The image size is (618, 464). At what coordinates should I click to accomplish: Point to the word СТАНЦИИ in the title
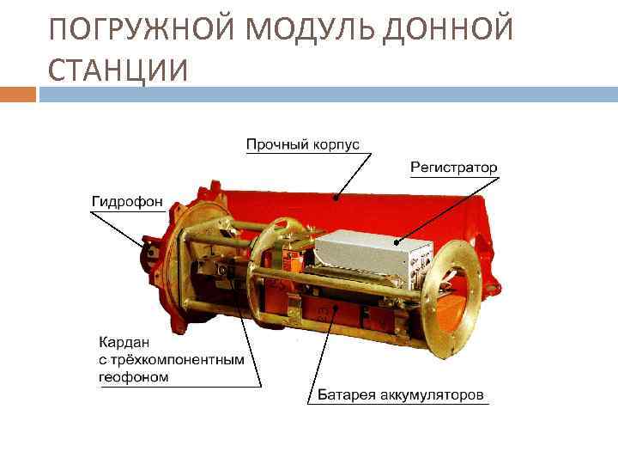(x=118, y=71)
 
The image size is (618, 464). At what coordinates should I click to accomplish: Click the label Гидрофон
(x=127, y=200)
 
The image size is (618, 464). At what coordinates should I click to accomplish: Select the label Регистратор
(x=453, y=167)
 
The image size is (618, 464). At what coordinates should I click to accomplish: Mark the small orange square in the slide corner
(x=18, y=94)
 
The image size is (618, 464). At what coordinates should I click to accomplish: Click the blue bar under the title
(x=326, y=94)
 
